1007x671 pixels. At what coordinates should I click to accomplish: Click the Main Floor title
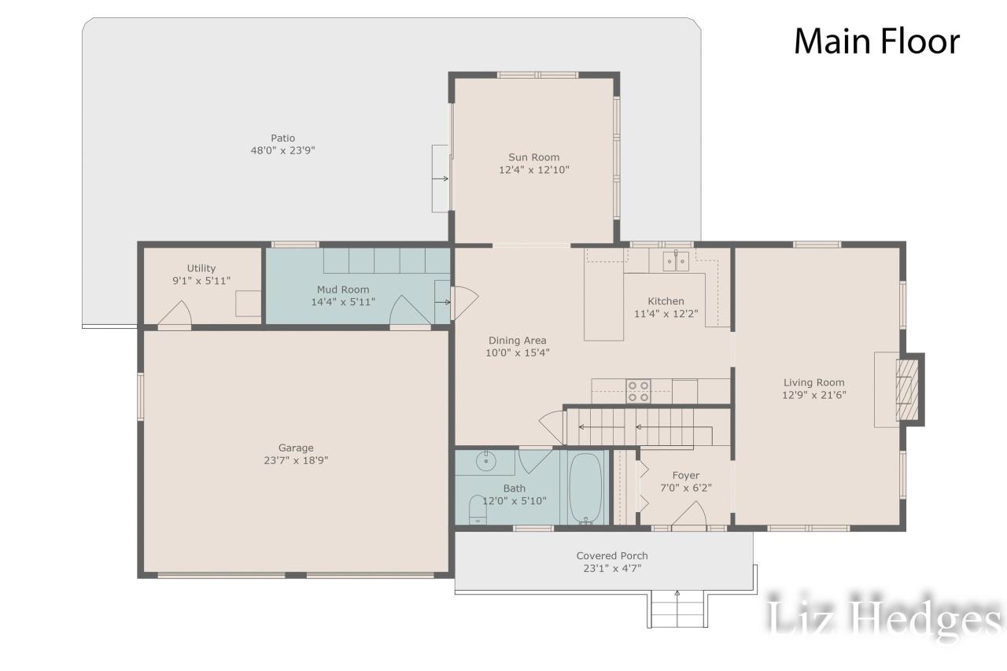click(x=876, y=42)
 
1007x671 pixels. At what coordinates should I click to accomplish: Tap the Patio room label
click(x=283, y=138)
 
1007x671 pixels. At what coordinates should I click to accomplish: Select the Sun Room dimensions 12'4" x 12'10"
click(x=533, y=170)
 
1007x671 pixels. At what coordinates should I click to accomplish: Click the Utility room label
click(x=201, y=268)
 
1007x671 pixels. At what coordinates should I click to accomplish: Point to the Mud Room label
click(x=343, y=289)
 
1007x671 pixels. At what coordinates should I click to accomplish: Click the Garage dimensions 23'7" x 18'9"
click(x=295, y=461)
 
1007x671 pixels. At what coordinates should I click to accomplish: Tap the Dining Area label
click(x=517, y=341)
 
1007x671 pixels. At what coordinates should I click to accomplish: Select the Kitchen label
click(x=666, y=300)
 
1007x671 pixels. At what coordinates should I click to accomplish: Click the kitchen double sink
click(x=676, y=260)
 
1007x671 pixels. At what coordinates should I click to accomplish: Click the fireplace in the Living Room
click(x=909, y=389)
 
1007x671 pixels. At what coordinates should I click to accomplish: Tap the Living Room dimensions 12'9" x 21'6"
click(x=814, y=396)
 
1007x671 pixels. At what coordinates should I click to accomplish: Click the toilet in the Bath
click(x=478, y=511)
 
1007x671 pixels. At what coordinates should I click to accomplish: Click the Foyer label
click(x=685, y=475)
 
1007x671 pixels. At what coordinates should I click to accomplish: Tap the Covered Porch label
click(x=612, y=555)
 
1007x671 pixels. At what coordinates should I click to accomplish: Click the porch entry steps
click(x=677, y=609)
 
